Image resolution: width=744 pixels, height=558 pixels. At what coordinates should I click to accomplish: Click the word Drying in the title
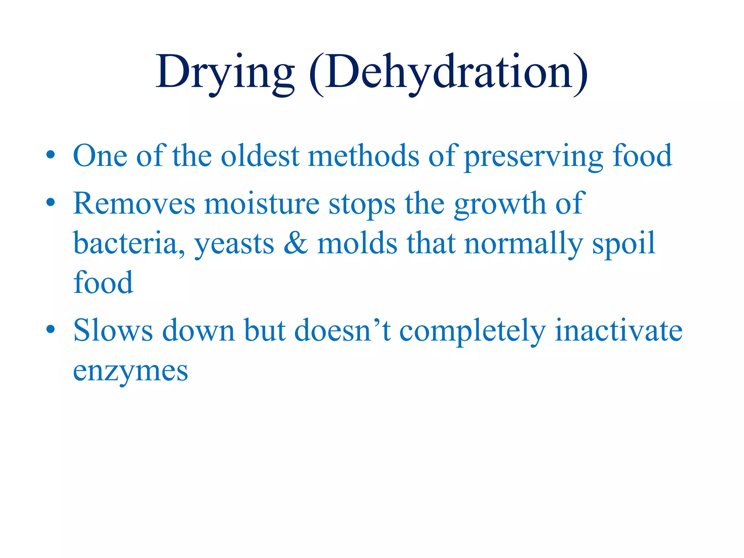225,73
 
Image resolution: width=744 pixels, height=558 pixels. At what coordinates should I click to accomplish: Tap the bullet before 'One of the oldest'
50,155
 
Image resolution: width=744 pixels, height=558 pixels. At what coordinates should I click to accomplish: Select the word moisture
262,203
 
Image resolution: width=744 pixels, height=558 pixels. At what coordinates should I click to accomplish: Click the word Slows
113,331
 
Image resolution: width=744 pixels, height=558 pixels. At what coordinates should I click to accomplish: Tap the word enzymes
130,371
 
